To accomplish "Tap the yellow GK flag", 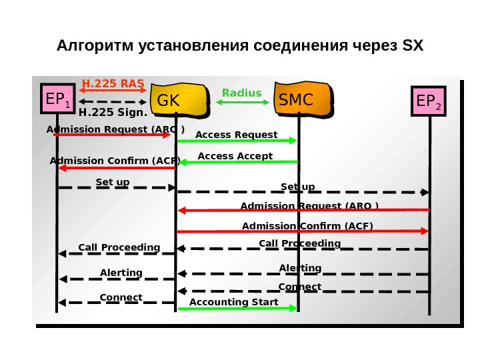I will click(176, 100).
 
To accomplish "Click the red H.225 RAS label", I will click(113, 83).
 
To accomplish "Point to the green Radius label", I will click(242, 93).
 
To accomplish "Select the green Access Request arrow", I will click(237, 141).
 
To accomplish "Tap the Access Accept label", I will click(235, 156).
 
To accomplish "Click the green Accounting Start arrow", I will click(237, 308).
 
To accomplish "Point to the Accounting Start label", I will click(234, 302).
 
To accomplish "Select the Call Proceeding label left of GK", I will click(119, 247).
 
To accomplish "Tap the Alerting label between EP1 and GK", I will click(121, 273).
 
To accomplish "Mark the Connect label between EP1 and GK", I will click(121, 297).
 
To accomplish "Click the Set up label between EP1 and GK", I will click(113, 181).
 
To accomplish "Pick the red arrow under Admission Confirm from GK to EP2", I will click(303, 231).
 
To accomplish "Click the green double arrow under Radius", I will click(242, 102).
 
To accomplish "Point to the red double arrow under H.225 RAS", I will click(113, 91).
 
